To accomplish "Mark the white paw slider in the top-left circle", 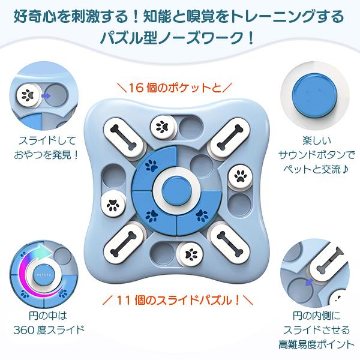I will [27, 94].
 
